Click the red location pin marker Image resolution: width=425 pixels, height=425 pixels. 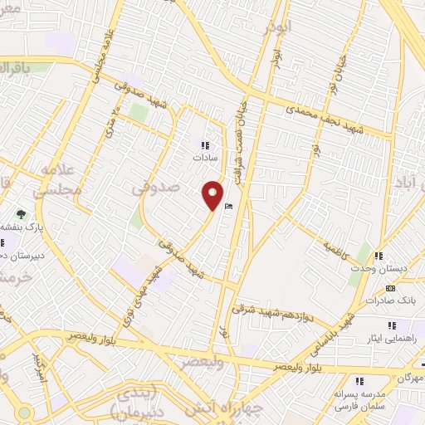213,194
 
